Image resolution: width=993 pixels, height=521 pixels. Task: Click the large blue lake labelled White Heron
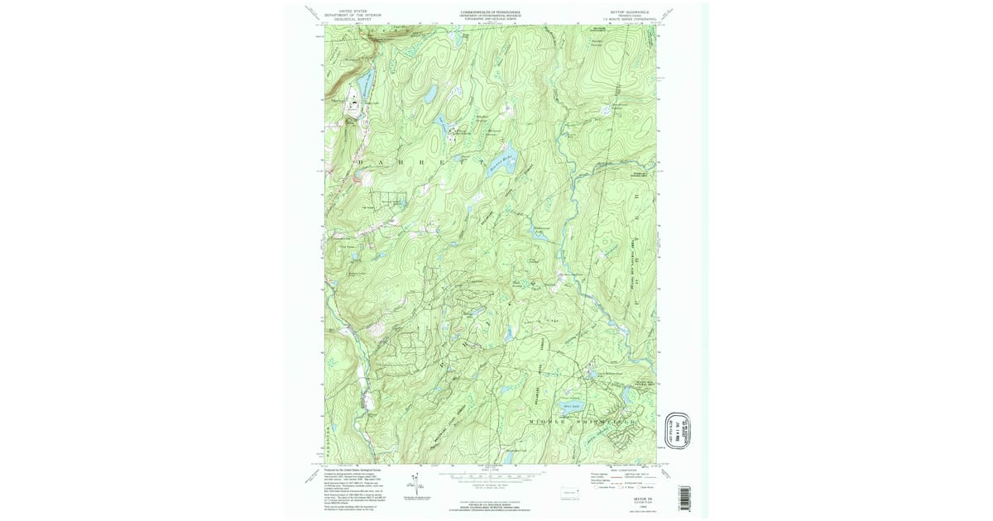tap(570, 405)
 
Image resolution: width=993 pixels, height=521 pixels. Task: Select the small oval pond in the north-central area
tap(430, 95)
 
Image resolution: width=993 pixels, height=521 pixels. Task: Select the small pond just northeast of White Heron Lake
tap(589, 376)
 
